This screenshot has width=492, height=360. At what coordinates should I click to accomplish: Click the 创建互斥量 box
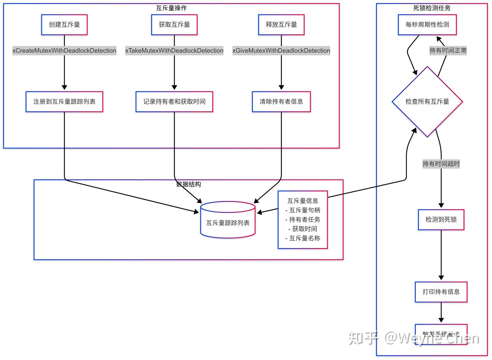click(x=64, y=25)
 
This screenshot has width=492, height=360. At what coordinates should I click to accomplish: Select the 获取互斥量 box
click(x=174, y=25)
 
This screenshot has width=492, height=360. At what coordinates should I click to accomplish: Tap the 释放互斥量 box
click(x=281, y=25)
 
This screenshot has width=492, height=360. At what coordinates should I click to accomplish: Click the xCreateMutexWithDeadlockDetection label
click(x=64, y=51)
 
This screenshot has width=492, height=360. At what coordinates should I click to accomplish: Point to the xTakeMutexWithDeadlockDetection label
click(x=174, y=51)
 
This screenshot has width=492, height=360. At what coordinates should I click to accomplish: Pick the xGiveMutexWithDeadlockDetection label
click(x=281, y=51)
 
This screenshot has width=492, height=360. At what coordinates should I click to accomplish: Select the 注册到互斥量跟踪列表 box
click(x=64, y=101)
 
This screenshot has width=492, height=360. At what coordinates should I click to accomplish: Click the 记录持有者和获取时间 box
click(x=174, y=101)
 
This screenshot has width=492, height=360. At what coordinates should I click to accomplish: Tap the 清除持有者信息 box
click(x=281, y=101)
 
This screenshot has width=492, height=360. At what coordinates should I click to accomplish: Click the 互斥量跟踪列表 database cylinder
click(x=228, y=220)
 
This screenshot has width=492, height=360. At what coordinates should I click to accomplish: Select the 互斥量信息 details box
click(x=303, y=220)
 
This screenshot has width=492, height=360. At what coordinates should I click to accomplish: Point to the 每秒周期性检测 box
click(x=427, y=25)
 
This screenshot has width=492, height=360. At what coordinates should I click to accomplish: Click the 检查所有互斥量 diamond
click(x=427, y=101)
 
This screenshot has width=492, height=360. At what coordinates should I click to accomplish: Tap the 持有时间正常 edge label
click(x=448, y=51)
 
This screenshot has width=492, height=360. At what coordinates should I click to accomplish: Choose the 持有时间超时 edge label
click(x=441, y=164)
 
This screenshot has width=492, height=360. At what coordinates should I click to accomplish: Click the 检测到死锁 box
click(x=441, y=220)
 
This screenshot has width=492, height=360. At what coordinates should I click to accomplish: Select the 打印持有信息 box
click(x=441, y=292)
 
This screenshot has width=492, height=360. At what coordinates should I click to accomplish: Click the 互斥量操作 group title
click(x=171, y=8)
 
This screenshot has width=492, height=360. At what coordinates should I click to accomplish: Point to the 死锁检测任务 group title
click(x=432, y=8)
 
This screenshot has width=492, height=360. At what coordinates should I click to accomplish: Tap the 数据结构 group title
click(x=188, y=184)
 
